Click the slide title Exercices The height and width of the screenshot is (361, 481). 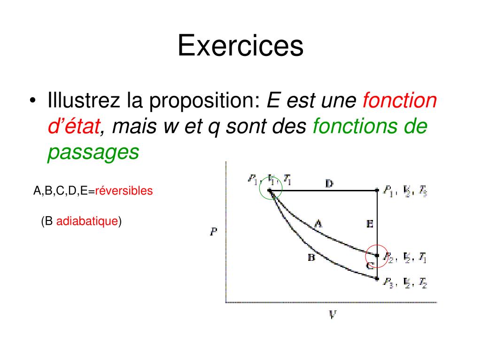pos(240,47)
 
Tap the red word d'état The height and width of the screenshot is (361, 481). pos(74,127)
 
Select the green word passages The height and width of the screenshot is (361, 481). pos(93,153)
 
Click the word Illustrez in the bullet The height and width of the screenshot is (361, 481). pos(83,101)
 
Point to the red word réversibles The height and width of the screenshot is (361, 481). pos(124,191)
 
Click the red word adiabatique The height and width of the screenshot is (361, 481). pos(87,221)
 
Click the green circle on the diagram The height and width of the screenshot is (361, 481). pos(270,190)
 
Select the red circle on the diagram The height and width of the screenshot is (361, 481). pos(377,256)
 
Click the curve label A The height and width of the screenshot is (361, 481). pos(318,224)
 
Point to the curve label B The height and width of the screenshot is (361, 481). pos(311,257)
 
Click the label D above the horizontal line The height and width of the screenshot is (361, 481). pos(329,183)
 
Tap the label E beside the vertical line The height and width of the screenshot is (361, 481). pos(370,225)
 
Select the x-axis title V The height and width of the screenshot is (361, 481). pos(332,314)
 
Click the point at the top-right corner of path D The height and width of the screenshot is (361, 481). pos(378,190)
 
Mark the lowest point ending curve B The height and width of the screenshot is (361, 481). pos(378,279)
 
